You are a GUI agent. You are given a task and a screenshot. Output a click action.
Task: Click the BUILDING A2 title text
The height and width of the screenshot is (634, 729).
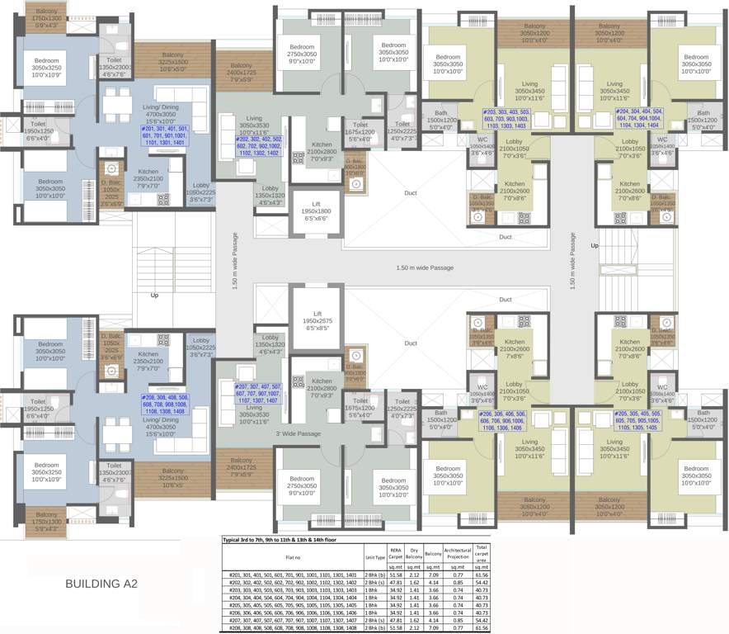coord(101,584)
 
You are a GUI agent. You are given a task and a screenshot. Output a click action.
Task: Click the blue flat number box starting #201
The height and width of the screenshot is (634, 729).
coord(165,136)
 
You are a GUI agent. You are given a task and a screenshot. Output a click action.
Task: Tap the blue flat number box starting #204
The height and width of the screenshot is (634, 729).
coord(640,116)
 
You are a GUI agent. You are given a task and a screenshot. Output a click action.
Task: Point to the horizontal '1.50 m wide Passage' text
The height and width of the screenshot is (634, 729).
coord(425,268)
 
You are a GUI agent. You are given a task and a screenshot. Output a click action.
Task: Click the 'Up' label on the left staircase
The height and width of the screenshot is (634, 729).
coord(153,295)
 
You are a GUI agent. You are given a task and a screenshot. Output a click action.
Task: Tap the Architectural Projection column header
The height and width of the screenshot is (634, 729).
coord(458,554)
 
